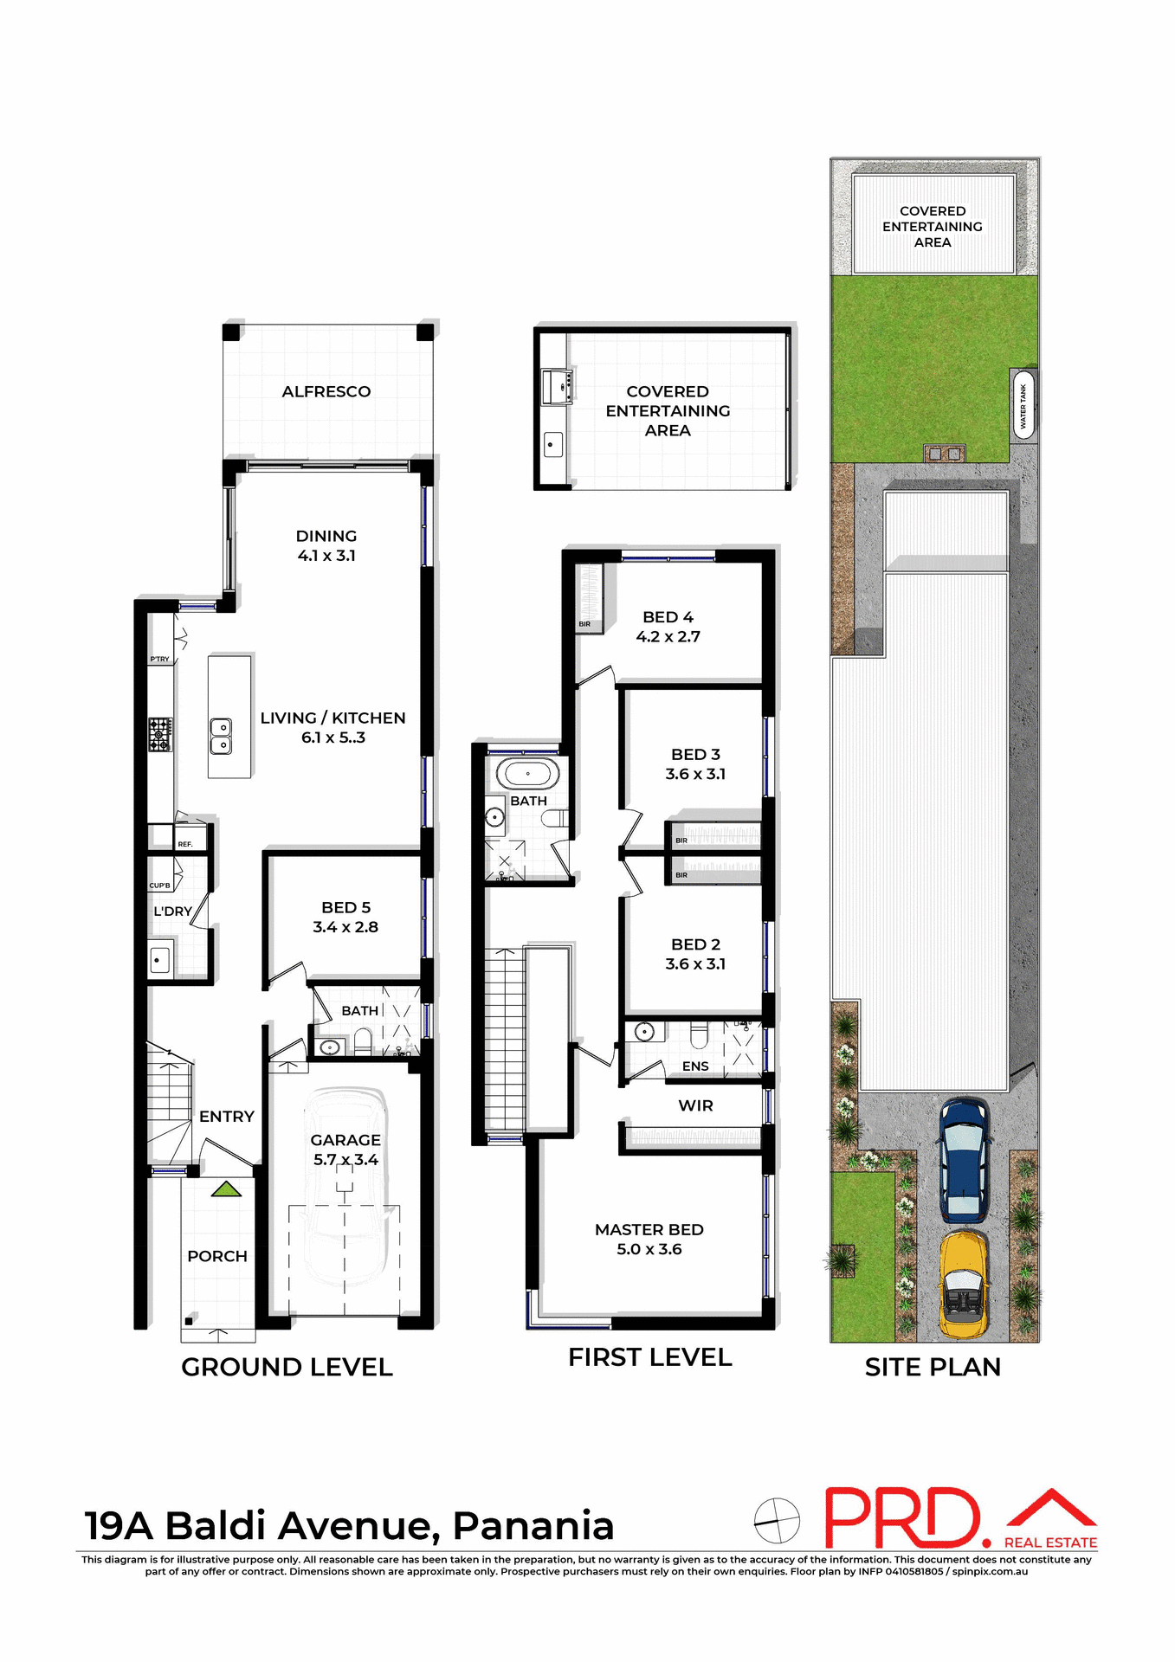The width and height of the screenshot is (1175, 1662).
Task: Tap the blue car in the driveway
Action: [964, 1158]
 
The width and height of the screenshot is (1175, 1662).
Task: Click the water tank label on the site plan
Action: [1023, 405]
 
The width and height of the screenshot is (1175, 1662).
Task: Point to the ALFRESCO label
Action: [326, 391]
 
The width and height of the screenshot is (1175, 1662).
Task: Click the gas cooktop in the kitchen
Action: [160, 734]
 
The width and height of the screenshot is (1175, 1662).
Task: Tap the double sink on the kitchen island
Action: [221, 736]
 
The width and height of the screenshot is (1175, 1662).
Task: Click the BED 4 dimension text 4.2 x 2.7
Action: [668, 637]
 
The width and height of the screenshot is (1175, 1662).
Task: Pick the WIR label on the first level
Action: [695, 1105]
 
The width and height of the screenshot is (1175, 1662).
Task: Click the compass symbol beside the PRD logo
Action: [776, 1521]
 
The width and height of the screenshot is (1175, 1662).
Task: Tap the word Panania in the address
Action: [533, 1526]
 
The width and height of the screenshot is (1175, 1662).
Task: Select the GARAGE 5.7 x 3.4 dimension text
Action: [345, 1160]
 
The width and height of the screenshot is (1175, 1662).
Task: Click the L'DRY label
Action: [172, 912]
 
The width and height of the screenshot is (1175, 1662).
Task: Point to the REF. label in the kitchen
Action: [185, 844]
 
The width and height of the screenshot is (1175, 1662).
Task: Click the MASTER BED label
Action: [649, 1229]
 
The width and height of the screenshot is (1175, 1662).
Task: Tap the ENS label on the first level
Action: [695, 1066]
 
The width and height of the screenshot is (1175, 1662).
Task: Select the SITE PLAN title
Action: [933, 1367]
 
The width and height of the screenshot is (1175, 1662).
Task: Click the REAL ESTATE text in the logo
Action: [1050, 1543]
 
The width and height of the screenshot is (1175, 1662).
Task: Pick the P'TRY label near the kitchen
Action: [160, 659]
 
